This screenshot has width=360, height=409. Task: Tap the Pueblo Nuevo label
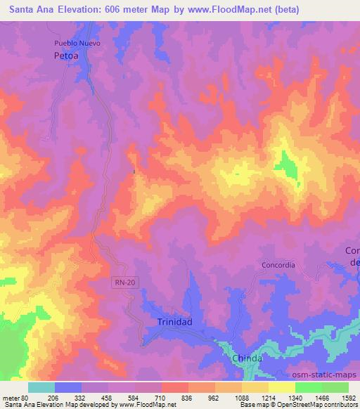pyautogui.click(x=79, y=43)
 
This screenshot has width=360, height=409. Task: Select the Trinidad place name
pyautogui.click(x=170, y=321)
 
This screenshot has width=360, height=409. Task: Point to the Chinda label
pyautogui.click(x=247, y=358)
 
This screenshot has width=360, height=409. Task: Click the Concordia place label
pyautogui.click(x=278, y=265)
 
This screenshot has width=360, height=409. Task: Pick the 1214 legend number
pyautogui.click(x=269, y=397)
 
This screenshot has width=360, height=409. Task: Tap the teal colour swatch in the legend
pyautogui.click(x=41, y=387)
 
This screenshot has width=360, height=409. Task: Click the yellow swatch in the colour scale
pyautogui.click(x=282, y=387)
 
